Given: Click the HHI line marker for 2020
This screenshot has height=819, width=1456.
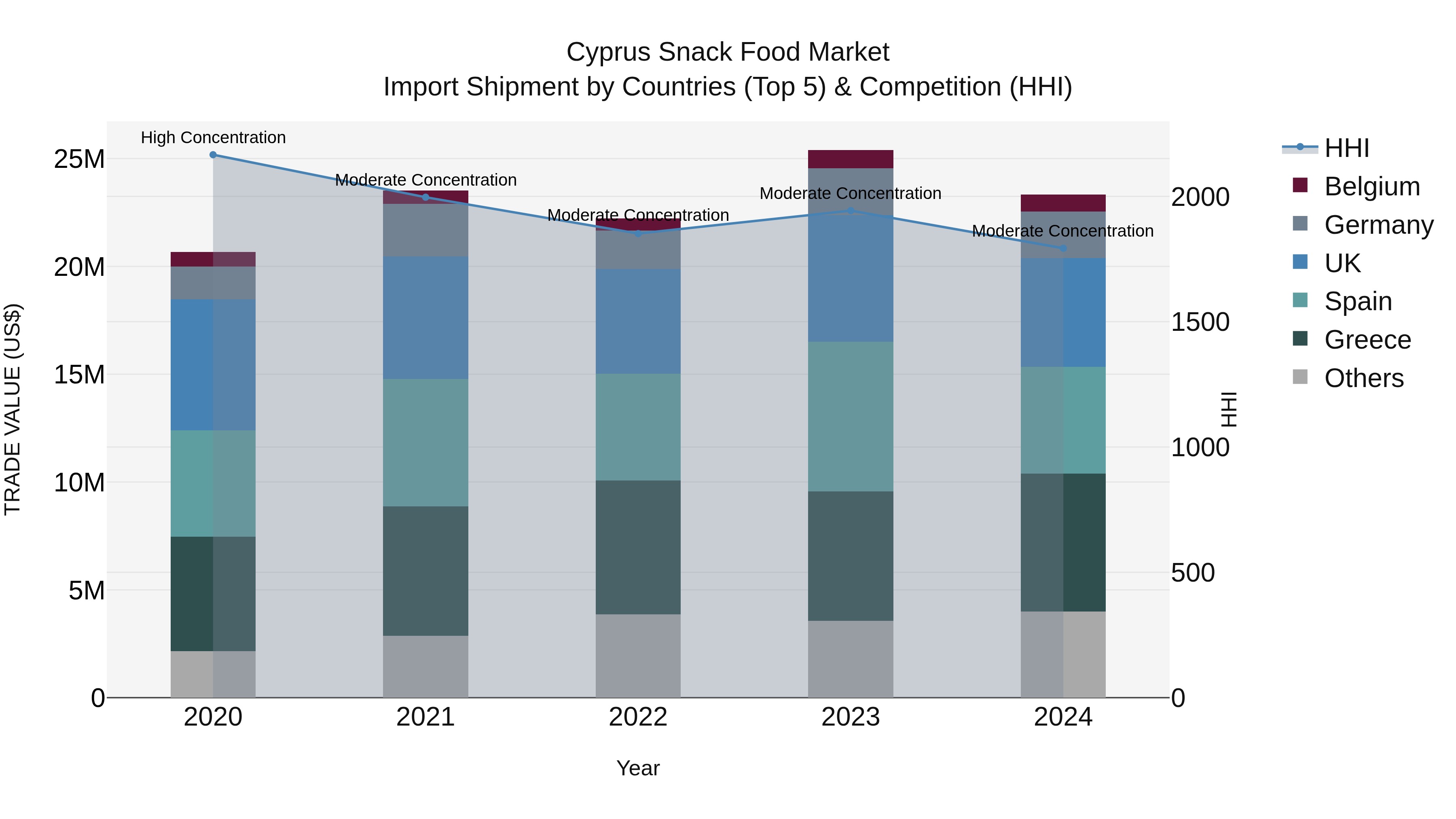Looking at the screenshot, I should click(213, 155).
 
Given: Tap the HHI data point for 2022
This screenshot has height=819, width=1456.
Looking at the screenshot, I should click(638, 233).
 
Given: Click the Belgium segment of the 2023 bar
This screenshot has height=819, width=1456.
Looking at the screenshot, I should click(850, 159).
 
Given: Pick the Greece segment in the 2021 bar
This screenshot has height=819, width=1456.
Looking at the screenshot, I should click(425, 571).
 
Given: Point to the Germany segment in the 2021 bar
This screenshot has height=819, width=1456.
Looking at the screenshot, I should click(425, 230).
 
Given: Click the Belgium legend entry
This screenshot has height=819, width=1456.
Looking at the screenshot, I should click(1372, 186).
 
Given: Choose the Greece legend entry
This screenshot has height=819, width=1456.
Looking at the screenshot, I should click(1367, 340).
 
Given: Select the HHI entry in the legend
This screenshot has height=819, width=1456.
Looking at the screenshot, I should click(1346, 148).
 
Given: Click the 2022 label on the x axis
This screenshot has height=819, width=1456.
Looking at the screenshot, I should click(638, 717).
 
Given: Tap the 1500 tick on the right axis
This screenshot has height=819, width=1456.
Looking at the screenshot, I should click(1200, 322).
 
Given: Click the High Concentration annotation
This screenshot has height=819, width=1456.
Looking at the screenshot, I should click(213, 138).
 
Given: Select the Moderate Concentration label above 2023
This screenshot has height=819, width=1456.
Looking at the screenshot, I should click(850, 193).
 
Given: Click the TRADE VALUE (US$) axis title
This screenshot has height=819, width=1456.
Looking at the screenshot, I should click(13, 409).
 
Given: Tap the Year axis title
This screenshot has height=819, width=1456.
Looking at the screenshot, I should click(638, 768).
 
